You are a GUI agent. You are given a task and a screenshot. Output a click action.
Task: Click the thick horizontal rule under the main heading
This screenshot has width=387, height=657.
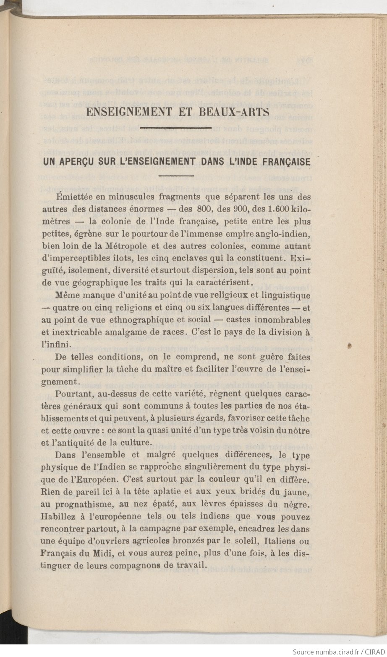(175, 128)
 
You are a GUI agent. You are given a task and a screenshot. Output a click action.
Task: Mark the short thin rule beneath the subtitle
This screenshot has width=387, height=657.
(175, 175)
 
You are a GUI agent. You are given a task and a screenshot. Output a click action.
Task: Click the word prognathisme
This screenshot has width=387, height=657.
(81, 504)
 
